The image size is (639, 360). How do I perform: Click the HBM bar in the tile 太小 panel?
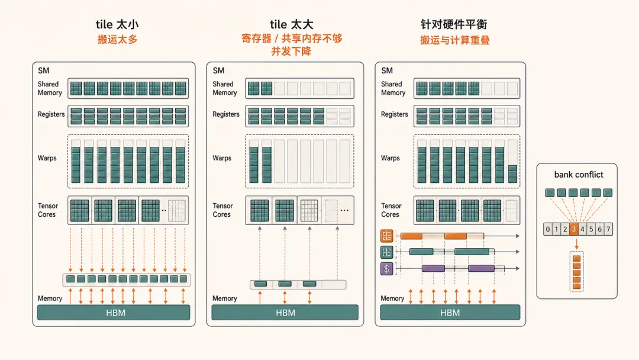coord(114,313)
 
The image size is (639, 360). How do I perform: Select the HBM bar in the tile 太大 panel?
coord(285,313)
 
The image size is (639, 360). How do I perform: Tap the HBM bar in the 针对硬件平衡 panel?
coord(450,313)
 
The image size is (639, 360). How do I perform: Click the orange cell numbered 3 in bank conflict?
coord(573,229)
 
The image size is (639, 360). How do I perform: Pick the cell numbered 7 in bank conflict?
coord(608,229)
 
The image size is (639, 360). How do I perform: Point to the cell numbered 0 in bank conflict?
coord(548,229)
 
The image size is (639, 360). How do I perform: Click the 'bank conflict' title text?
coord(579,175)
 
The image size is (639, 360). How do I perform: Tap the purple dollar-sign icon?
coord(387,269)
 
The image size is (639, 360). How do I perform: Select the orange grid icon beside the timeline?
coord(387,236)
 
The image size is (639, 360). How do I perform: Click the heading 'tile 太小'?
coord(117,24)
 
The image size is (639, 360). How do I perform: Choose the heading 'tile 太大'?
coord(291,24)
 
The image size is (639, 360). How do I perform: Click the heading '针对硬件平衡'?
coord(454,24)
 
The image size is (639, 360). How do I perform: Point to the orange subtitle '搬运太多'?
coord(117,40)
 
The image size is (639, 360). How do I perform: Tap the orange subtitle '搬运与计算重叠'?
coord(455,40)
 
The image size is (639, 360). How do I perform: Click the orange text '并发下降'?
coord(291,52)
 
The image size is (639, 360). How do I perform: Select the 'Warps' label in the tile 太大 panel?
coord(222,158)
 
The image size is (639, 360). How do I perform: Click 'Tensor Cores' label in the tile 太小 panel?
coord(48,210)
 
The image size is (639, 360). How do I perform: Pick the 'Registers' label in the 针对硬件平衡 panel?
coord(394,114)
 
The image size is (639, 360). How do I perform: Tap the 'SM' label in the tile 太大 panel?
coord(218,70)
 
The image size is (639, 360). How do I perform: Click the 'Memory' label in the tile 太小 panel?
coord(50,298)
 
